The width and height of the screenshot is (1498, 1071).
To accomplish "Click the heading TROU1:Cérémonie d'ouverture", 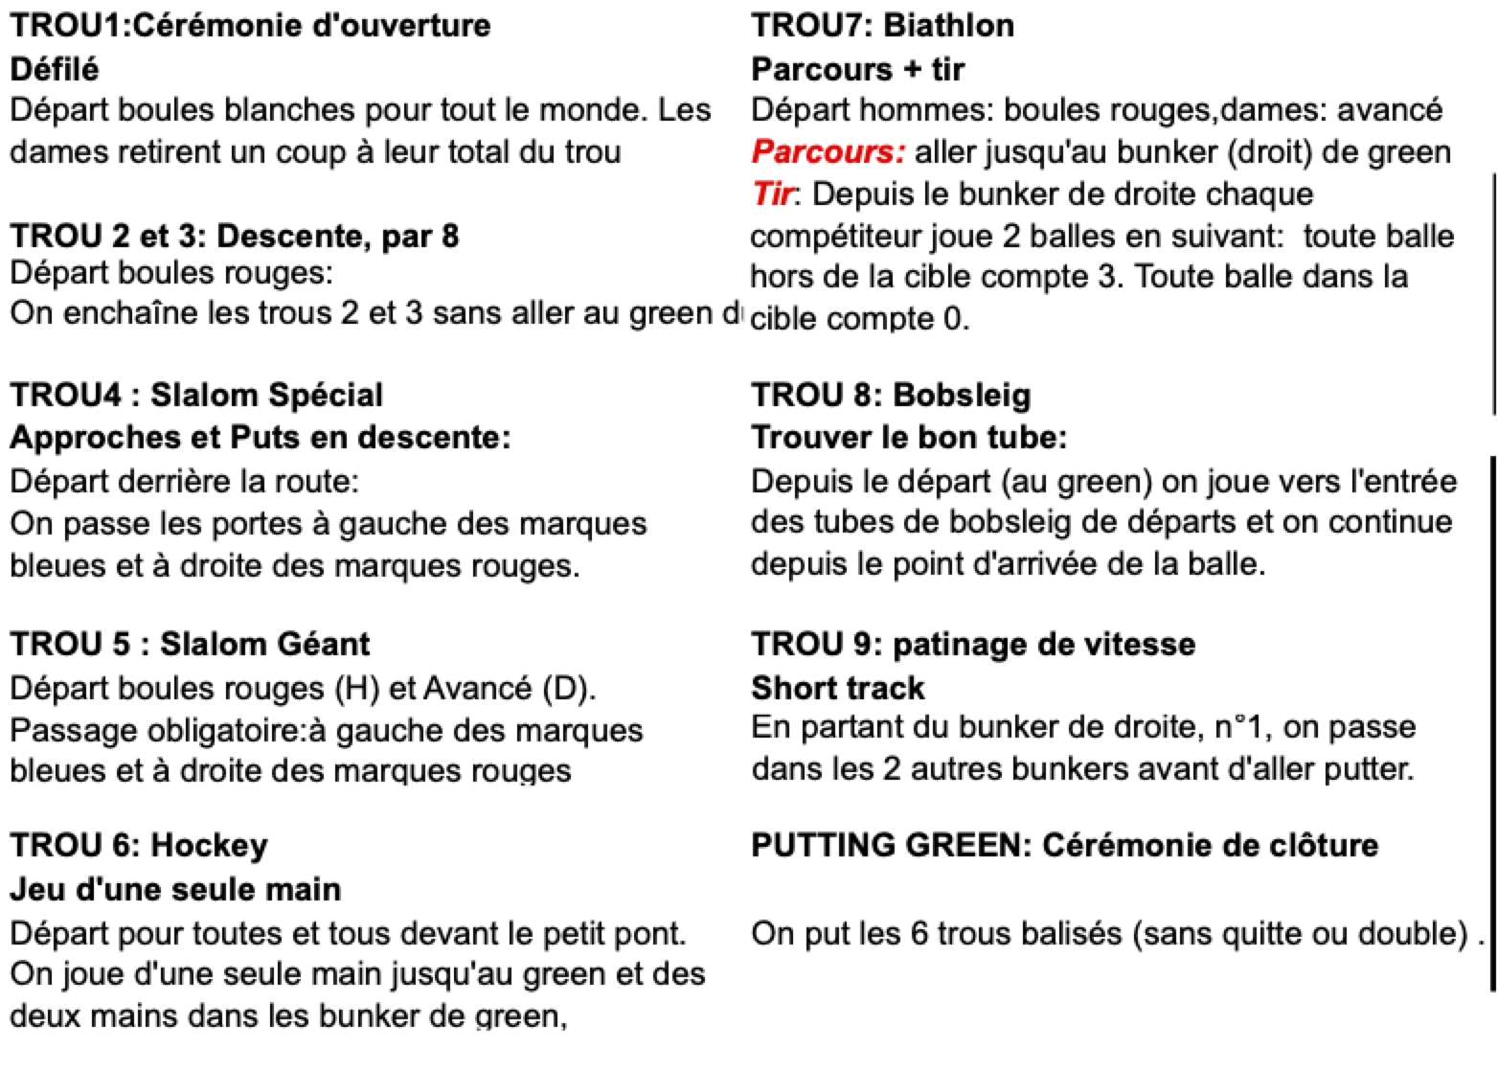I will pyautogui.click(x=250, y=26).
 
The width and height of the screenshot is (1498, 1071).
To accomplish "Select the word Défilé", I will pyautogui.click(x=55, y=69).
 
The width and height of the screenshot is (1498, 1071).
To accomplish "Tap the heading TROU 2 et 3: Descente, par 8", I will pyautogui.click(x=235, y=236).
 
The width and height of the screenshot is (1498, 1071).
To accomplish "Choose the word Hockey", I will pyautogui.click(x=210, y=845).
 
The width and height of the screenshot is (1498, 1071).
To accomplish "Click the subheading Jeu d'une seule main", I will pyautogui.click(x=175, y=889).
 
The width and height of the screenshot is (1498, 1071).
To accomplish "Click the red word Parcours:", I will pyautogui.click(x=828, y=152).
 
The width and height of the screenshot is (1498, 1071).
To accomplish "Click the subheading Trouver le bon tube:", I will pyautogui.click(x=909, y=438).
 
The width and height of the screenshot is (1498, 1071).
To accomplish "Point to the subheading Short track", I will pyautogui.click(x=838, y=688).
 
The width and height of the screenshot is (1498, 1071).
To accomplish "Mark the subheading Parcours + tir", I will pyautogui.click(x=858, y=69).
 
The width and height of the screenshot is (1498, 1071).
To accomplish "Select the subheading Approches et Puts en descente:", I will pyautogui.click(x=261, y=438).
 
